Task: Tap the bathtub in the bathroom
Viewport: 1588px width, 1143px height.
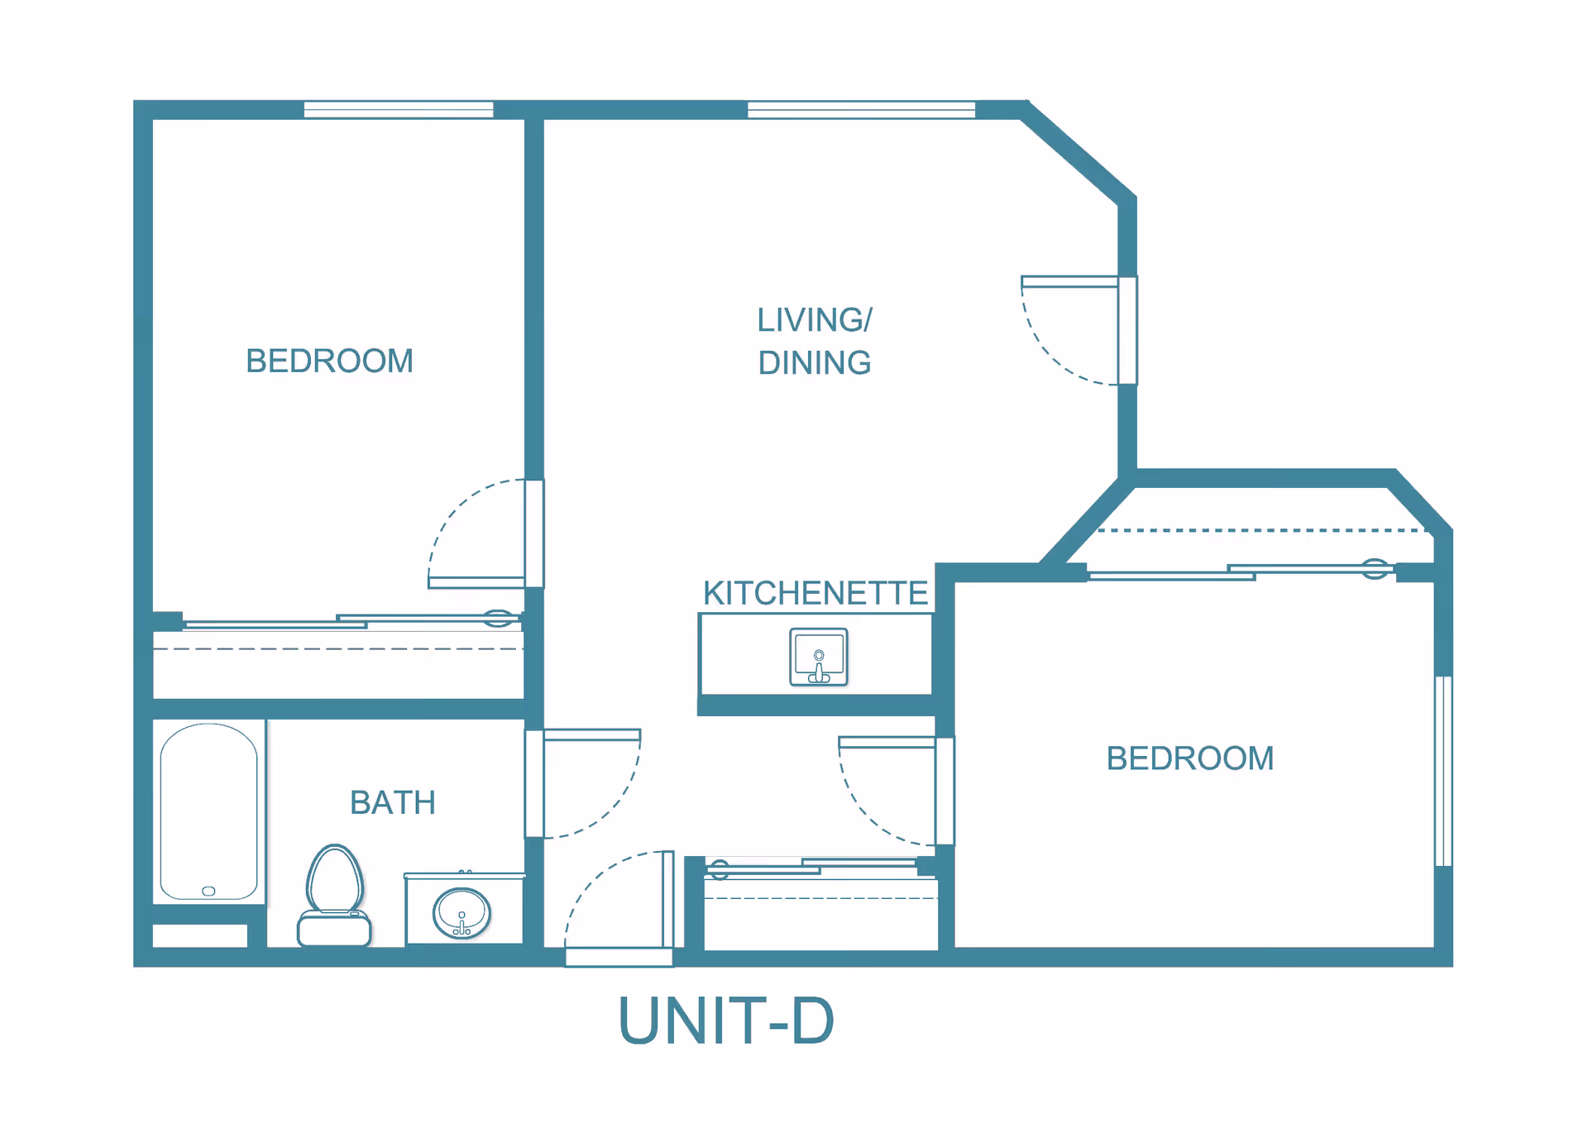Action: pos(208,811)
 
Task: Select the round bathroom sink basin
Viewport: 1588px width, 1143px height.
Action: pos(462,913)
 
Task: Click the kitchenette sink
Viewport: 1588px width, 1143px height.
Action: pos(818,657)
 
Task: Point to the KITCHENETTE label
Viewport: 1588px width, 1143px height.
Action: pos(815,593)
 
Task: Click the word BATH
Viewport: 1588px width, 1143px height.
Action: pos(392,802)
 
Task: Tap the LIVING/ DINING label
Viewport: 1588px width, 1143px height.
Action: pos(815,341)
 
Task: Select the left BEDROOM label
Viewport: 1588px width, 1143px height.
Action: pos(329,361)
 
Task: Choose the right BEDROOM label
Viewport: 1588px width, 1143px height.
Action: pos(1189,758)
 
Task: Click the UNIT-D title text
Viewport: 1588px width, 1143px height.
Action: pos(726,1021)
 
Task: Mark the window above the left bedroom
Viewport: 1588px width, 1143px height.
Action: pos(399,109)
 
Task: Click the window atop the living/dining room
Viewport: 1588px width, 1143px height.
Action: pos(861,109)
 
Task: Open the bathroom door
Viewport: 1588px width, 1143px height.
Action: pos(534,783)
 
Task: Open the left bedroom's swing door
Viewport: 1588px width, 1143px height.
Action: pos(534,533)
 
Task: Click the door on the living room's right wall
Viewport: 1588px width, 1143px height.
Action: pos(1127,330)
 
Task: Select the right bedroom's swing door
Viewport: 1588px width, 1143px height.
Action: pos(945,791)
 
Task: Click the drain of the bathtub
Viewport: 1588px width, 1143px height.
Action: pos(208,891)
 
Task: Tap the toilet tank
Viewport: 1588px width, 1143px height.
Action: pos(334,929)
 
